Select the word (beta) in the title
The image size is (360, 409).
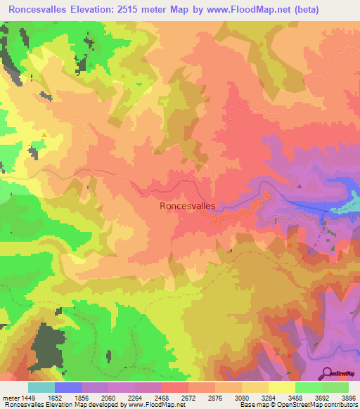point(298,10)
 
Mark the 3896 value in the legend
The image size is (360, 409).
point(347,398)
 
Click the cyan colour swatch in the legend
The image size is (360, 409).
point(41,387)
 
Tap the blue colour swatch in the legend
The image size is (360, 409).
point(68,387)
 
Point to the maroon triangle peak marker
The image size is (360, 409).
point(300,186)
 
